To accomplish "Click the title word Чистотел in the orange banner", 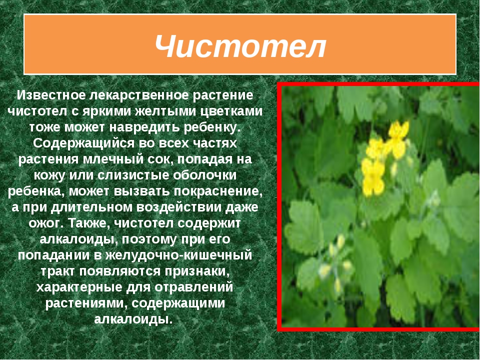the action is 240,46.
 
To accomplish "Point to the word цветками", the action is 231,111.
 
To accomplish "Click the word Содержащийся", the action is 83,143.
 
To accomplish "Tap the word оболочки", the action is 205,175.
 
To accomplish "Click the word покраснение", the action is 218,191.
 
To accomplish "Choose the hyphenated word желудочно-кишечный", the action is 179,255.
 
